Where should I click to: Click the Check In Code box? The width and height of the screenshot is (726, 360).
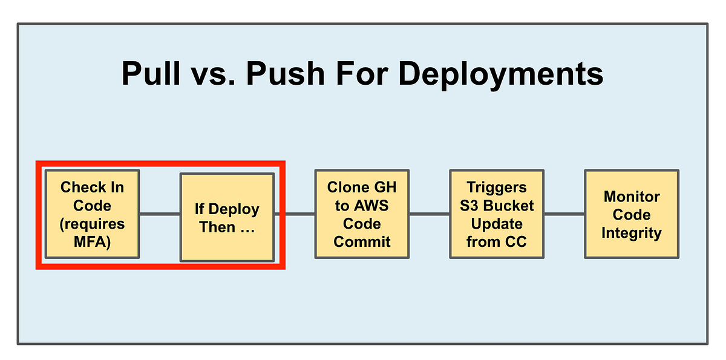93,214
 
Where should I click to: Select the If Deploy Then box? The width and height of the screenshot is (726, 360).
227,218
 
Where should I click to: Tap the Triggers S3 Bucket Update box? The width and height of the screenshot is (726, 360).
497,214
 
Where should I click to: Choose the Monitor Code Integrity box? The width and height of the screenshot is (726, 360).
631,214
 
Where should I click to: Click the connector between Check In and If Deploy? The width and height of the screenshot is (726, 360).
160,214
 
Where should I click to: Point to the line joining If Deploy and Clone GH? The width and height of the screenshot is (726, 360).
295,214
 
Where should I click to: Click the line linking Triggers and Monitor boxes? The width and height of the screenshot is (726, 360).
564,214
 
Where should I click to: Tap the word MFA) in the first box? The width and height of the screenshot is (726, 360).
93,242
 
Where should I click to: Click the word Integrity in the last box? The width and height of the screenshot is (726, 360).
631,233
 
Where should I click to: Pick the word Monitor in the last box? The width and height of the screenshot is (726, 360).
631,197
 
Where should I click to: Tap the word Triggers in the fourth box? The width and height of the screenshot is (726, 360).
497,187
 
